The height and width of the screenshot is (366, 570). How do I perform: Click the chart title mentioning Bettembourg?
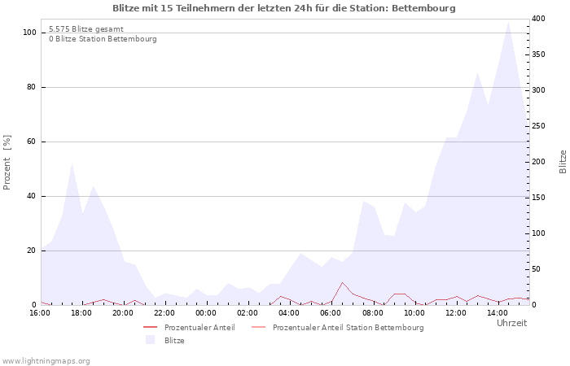[x=284, y=8]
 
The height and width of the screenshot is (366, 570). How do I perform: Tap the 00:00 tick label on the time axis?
[x=206, y=313]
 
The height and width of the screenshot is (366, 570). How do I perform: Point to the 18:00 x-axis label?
[x=81, y=313]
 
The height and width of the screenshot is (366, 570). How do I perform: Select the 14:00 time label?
[x=498, y=313]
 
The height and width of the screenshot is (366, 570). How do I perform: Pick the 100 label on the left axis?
[x=29, y=33]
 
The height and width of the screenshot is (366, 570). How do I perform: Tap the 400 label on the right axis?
[x=538, y=19]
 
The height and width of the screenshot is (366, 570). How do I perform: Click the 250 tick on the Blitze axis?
[x=538, y=126]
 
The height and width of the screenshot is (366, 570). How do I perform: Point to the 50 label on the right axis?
[x=537, y=269]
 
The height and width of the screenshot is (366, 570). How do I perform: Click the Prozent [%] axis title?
[x=7, y=163]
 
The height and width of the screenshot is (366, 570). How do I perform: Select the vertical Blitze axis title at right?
[x=563, y=162]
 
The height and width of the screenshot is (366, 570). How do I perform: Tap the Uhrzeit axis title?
[x=512, y=323]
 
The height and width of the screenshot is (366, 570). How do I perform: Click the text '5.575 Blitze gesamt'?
[x=86, y=29]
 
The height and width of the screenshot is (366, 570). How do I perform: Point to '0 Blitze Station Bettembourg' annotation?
[x=103, y=39]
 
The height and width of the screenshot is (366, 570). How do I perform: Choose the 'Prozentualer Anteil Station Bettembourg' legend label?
[x=349, y=328]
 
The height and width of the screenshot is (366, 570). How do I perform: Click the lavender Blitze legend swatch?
[x=150, y=340]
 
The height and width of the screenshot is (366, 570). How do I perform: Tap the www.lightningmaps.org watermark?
[x=46, y=361]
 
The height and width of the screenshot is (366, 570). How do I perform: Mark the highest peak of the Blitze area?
[x=508, y=22]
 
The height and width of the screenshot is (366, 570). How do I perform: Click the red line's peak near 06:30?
[x=342, y=282]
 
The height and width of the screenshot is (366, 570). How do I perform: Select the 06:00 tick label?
[x=331, y=313]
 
